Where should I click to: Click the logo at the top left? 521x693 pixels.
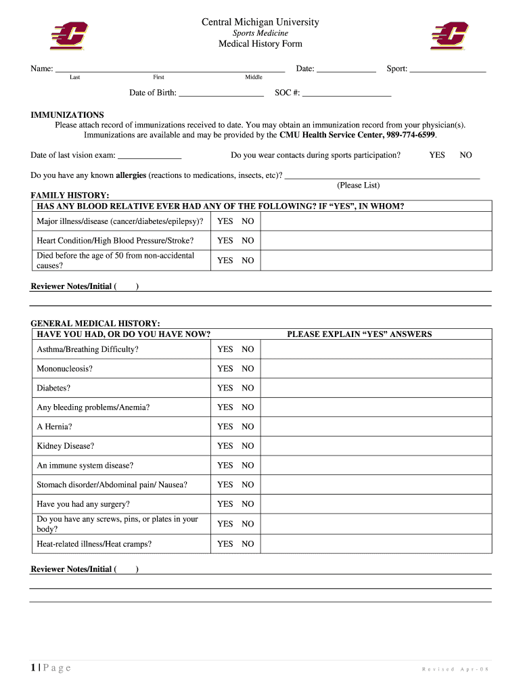[x=68, y=36]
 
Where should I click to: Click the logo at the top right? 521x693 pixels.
[x=449, y=36]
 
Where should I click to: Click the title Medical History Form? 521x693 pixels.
[x=260, y=44]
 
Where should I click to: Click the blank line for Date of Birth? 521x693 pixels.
[x=221, y=94]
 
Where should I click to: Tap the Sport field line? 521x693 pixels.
[x=447, y=69]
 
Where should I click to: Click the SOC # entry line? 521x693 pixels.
[x=346, y=94]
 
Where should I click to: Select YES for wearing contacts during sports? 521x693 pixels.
[x=437, y=155]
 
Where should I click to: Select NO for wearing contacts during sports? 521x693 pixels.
[x=466, y=155]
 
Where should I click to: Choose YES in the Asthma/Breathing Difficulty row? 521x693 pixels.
[x=225, y=349]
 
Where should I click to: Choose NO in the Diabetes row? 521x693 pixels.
[x=248, y=388]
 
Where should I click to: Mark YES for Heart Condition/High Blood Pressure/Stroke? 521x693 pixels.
[x=225, y=240]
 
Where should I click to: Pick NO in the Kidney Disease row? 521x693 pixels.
[x=248, y=446]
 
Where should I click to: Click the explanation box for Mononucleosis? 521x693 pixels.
[x=376, y=369]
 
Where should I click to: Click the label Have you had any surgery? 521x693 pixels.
[x=83, y=504]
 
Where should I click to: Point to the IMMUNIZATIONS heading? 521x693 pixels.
[x=67, y=115]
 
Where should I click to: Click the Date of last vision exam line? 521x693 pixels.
[x=150, y=156]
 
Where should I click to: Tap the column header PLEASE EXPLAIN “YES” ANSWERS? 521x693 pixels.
[x=359, y=334]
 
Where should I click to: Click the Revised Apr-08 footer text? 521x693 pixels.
[x=455, y=669]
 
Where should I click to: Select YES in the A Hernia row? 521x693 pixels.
[x=225, y=426]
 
